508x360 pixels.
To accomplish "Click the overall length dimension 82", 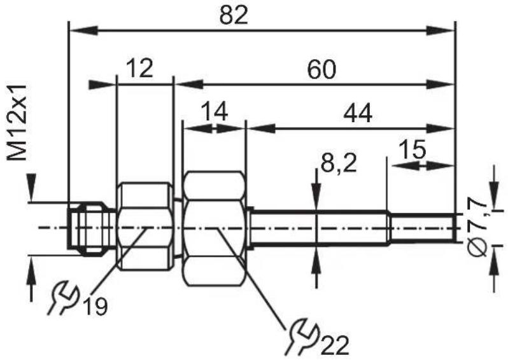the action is [234, 15].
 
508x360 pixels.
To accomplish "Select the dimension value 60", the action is [321, 70].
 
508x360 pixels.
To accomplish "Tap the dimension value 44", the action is [358, 114].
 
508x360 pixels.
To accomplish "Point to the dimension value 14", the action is [214, 111].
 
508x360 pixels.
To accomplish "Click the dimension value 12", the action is [139, 68].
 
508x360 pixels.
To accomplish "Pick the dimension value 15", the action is [412, 149].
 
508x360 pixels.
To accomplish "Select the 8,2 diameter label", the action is [339, 163].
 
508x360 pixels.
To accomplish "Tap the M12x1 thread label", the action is [17, 122].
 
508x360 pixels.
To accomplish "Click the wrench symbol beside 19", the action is [64, 298].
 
